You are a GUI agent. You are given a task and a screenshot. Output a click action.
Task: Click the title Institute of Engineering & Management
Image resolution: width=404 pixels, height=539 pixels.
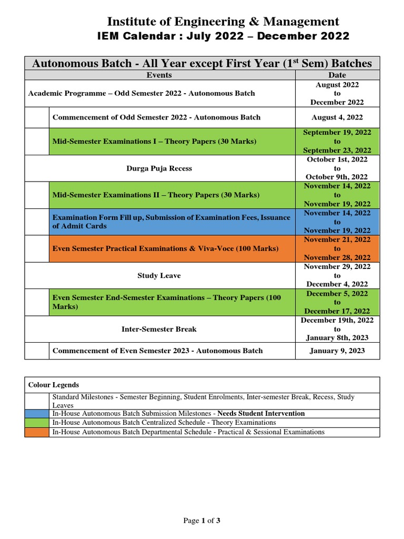tap(223, 22)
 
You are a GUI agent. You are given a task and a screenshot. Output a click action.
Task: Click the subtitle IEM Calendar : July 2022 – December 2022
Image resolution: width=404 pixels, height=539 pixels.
tap(223, 36)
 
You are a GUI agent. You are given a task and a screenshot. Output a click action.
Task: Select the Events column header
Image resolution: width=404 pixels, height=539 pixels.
tap(159, 75)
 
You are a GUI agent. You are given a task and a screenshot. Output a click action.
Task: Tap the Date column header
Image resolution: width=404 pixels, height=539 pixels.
tap(337, 75)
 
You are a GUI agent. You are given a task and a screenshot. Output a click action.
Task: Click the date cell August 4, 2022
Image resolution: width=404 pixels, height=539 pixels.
tap(337, 117)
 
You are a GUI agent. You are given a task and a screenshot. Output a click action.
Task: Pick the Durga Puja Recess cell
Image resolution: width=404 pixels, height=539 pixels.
tap(159, 168)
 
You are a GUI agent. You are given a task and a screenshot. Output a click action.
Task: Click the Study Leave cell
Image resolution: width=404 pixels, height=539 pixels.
tap(159, 276)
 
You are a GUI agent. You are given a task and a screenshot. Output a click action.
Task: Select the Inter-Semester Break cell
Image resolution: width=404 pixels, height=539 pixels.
tap(159, 329)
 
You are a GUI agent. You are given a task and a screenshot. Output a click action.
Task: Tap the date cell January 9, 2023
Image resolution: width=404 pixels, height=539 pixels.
tap(337, 351)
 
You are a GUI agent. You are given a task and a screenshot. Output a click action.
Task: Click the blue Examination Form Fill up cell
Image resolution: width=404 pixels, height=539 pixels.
tap(171, 222)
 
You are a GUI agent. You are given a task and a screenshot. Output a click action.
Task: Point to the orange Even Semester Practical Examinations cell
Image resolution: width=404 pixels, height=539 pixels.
tap(171, 248)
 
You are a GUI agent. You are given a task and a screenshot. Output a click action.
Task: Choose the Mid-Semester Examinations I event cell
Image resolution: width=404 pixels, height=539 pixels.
tap(171, 142)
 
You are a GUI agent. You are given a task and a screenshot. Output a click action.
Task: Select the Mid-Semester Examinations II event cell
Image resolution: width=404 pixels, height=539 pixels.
tap(171, 195)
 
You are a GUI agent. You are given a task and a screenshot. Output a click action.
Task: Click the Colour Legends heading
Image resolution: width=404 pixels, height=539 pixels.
tap(54, 385)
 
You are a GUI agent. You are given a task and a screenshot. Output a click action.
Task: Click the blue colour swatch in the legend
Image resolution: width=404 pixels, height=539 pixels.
tap(37, 414)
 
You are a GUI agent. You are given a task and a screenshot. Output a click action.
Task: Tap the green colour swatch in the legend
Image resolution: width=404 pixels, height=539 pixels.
tap(37, 423)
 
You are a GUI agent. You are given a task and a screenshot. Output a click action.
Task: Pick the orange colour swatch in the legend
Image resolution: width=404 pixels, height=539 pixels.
tap(37, 432)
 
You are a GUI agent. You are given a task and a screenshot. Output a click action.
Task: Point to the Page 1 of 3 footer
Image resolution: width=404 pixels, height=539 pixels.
tap(201, 521)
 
